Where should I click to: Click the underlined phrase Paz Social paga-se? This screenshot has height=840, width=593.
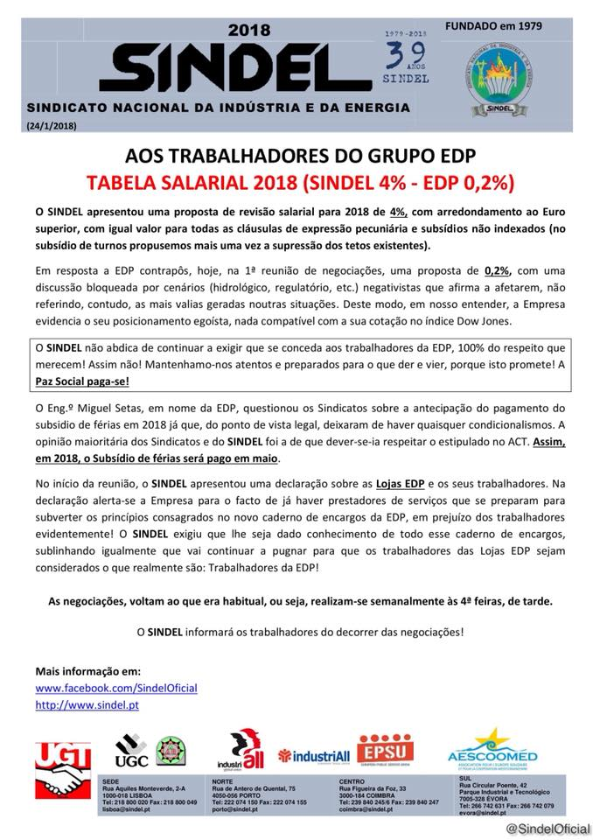click(x=82, y=382)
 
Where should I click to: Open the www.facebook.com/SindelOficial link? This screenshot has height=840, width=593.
click(x=116, y=689)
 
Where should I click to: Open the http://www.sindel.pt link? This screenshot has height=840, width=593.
click(x=87, y=704)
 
